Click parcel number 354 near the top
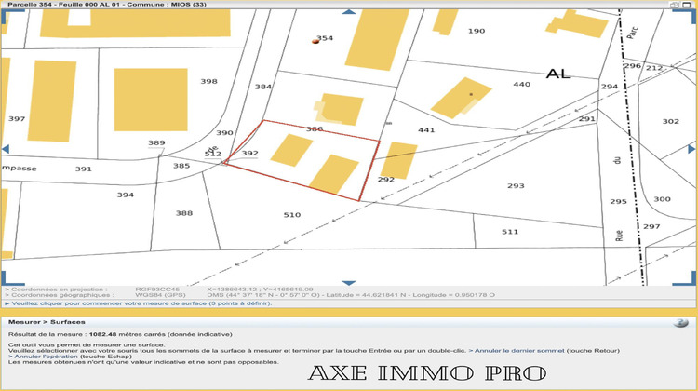pyautogui.click(x=325, y=38)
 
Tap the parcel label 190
pyautogui.click(x=477, y=31)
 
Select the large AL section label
pyautogui.click(x=558, y=73)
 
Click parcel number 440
pyautogui.click(x=521, y=84)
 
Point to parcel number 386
pyautogui.click(x=315, y=129)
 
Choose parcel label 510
pyautogui.click(x=292, y=215)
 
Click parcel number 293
pyautogui.click(x=517, y=186)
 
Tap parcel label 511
pyautogui.click(x=510, y=231)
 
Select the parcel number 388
pyautogui.click(x=184, y=213)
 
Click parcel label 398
pyautogui.click(x=208, y=82)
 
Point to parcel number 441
pyautogui.click(x=426, y=130)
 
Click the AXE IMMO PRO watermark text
pyautogui.click(x=426, y=374)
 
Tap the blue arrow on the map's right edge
pyautogui.click(x=691, y=149)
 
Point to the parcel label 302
pyautogui.click(x=671, y=121)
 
